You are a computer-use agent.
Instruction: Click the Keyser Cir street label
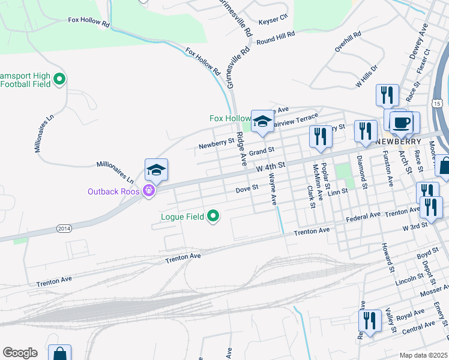[x=273, y=20]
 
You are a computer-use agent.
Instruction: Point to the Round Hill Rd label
[x=276, y=38]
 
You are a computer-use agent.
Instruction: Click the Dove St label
[x=246, y=188]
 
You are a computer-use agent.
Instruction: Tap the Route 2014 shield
[x=64, y=229]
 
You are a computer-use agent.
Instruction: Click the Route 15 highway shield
[x=437, y=103]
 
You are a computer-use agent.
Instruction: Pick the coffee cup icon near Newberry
[x=402, y=122]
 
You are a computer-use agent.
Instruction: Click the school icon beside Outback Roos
[x=156, y=170]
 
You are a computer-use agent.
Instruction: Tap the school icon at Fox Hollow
[x=262, y=122]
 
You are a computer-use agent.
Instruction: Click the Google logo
[x=20, y=353]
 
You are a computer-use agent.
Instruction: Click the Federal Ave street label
[x=363, y=215]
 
